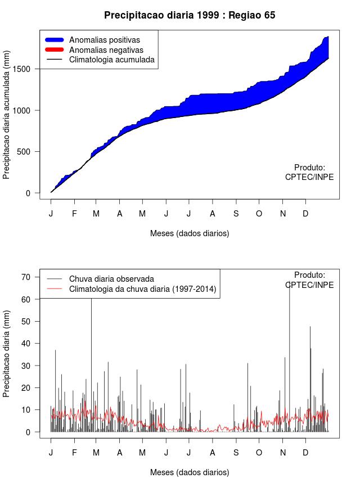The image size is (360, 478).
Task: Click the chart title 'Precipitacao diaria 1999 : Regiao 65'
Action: point(190,15)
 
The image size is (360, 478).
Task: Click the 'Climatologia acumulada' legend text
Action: point(111,60)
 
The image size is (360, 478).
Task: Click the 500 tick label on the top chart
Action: point(30,151)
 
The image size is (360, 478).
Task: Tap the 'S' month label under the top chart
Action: point(236,214)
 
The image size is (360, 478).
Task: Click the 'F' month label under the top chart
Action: point(74,214)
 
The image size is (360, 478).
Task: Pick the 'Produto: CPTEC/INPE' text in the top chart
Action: point(309,172)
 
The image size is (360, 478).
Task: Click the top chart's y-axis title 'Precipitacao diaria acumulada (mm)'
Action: point(7,122)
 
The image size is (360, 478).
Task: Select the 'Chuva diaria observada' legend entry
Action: point(111,278)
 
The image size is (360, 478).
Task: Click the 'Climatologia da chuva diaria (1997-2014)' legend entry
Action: point(143,289)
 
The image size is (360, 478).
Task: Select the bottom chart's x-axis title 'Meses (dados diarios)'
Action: point(190,472)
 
